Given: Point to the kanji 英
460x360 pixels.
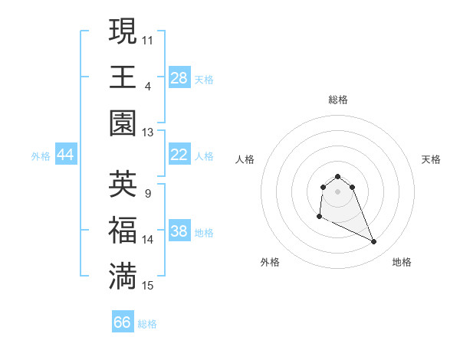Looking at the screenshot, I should (x=123, y=185).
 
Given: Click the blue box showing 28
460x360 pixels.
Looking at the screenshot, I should (x=179, y=78).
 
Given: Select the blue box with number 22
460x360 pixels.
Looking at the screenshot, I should (x=179, y=155).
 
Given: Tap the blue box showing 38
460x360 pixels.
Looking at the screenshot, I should (x=179, y=232).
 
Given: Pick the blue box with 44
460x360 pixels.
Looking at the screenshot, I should (x=65, y=155).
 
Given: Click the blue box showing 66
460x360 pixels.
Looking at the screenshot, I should (x=123, y=322).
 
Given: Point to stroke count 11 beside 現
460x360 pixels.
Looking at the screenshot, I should (x=147, y=38).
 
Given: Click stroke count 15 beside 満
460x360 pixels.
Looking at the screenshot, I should (x=148, y=286).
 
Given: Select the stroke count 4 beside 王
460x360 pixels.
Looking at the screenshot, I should (x=148, y=84).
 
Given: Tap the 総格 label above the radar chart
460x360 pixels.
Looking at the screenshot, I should (x=337, y=100).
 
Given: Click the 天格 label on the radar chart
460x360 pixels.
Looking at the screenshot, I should (x=431, y=159).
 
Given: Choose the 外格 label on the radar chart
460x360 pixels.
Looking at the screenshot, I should (x=270, y=262).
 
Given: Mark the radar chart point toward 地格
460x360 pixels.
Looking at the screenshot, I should (x=374, y=242).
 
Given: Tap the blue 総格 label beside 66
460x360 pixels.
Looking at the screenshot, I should (x=147, y=324).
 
